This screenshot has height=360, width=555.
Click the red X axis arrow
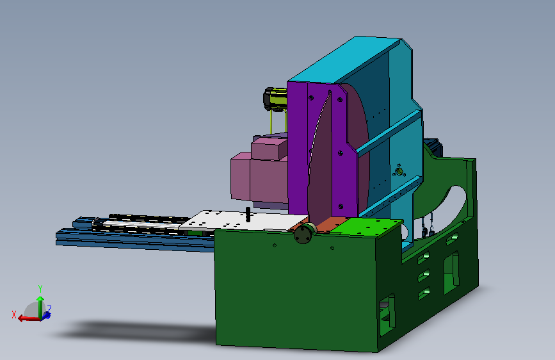point(28,318)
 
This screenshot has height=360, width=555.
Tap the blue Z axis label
point(49,309)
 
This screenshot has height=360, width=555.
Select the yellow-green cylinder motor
point(275,99)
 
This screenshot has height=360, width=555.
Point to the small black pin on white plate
point(248,215)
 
